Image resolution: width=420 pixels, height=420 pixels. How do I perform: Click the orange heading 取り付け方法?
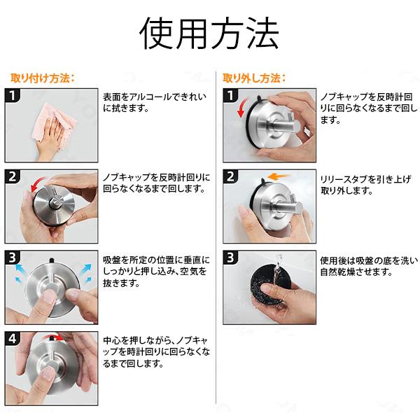[x=42, y=77]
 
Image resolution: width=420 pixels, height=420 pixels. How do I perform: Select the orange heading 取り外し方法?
[x=254, y=77]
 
